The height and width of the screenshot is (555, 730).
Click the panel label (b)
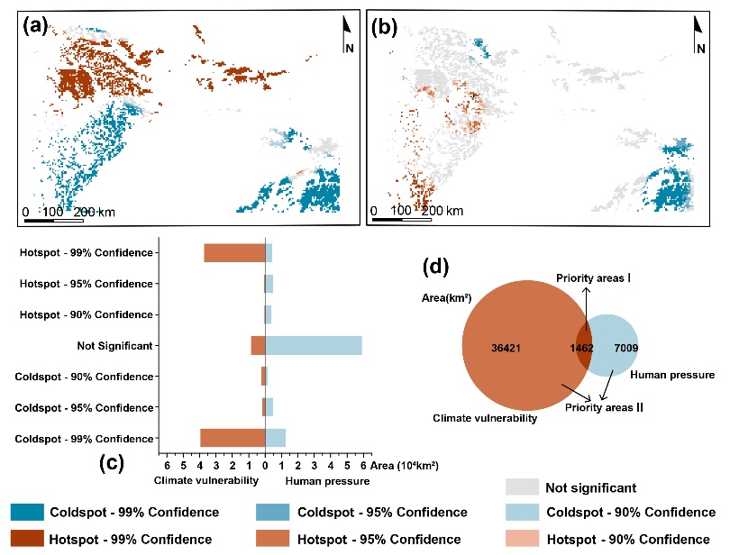click(386, 26)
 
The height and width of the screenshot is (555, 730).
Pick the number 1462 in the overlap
click(581, 346)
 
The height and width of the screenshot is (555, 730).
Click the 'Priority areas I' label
click(592, 278)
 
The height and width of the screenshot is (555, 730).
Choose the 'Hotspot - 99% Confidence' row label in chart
click(86, 252)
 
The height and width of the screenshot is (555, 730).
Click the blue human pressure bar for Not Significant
click(314, 345)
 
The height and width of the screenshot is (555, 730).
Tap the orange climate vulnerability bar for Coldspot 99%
click(233, 438)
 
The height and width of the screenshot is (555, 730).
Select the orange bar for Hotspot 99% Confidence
click(234, 252)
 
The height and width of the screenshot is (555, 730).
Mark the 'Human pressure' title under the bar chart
click(327, 482)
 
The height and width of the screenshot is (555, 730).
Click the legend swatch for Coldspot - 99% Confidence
click(29, 513)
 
